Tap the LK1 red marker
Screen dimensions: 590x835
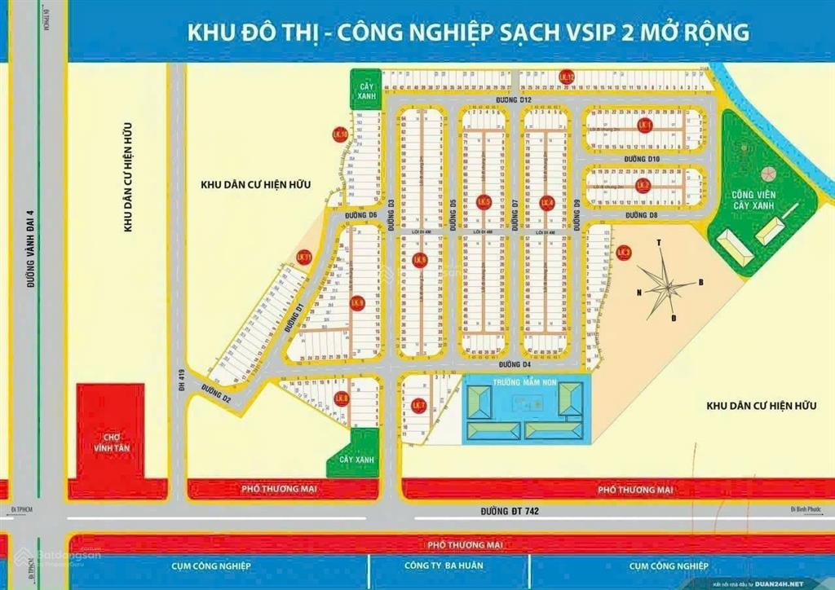645,125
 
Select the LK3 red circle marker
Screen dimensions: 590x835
624,253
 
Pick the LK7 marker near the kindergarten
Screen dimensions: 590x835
418,405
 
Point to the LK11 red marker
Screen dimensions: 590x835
305,258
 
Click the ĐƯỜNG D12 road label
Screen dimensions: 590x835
515,99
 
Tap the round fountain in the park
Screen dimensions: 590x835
765,174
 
